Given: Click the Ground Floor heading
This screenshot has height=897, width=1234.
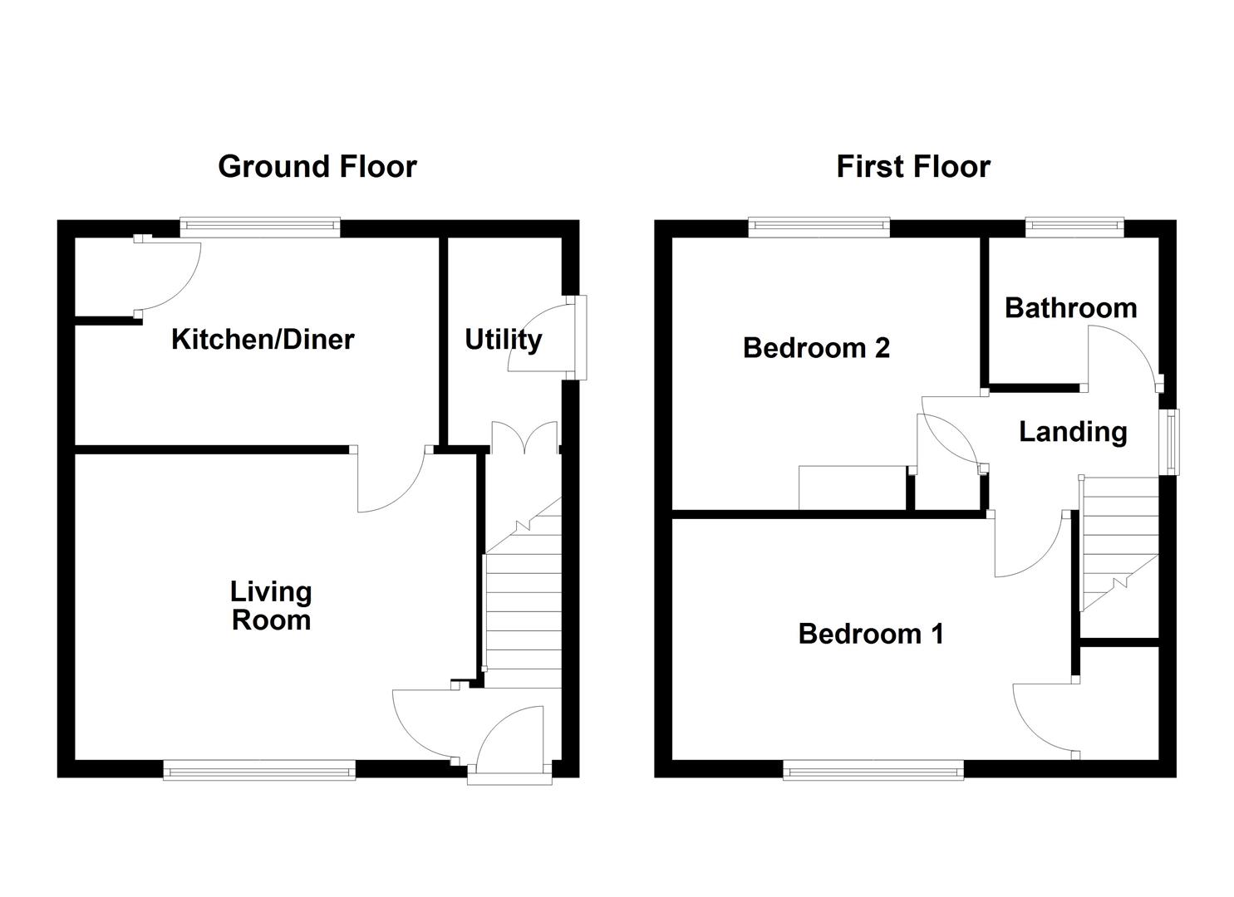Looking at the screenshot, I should coord(317,167).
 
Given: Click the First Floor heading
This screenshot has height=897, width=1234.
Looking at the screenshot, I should coord(912,167).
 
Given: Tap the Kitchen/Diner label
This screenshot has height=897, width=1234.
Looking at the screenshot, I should coord(263,339).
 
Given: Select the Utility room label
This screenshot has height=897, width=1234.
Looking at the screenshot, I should coord(503,339).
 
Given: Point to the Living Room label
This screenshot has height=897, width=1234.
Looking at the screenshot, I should coord(271,605).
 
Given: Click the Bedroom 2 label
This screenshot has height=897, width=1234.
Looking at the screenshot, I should coord(816,347).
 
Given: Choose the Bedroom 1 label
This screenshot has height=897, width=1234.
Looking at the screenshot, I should coord(870,634).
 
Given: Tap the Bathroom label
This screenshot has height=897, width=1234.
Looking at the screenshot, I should coord(1070,308).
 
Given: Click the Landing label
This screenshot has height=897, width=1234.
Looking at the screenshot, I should coord(1073,432).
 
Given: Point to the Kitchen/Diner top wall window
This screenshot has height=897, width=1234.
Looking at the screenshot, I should coord(260,227).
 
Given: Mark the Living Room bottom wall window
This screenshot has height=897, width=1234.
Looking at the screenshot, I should coord(259,772).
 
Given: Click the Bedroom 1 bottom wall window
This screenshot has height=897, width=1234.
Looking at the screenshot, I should coord(873,772).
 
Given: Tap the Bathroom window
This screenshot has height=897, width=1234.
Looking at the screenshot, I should coord(1074,227).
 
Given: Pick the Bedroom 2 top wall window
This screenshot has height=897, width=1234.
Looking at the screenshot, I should coord(819,227).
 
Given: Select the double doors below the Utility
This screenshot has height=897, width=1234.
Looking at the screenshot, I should coord(524,439).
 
